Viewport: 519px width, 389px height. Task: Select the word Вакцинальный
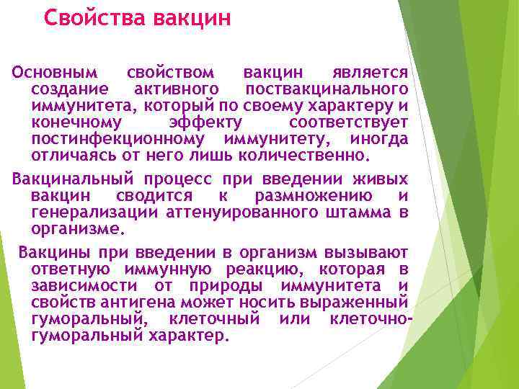(65, 179)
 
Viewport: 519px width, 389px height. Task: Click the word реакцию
(277, 269)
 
